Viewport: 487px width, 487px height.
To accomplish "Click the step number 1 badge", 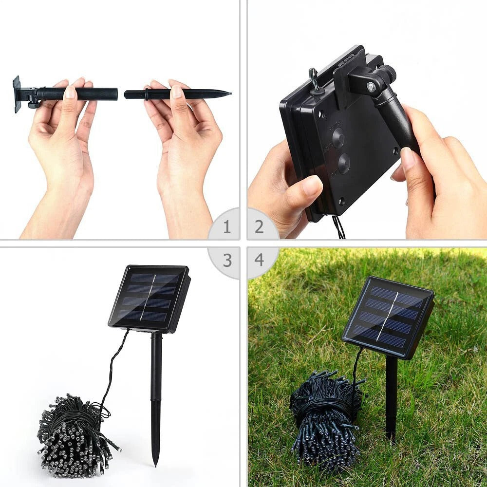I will [226, 227].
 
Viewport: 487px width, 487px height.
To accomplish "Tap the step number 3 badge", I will [226, 260].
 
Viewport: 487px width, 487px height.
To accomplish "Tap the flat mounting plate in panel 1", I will [17, 94].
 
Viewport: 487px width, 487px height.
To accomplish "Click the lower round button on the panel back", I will [344, 164].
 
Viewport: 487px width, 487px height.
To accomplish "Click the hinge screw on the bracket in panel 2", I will [371, 86].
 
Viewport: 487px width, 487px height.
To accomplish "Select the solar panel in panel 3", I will [149, 298].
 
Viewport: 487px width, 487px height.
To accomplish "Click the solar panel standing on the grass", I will [388, 317].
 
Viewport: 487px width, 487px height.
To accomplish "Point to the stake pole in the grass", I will [391, 399].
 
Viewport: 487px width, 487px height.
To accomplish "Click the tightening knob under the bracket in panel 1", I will [33, 103].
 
